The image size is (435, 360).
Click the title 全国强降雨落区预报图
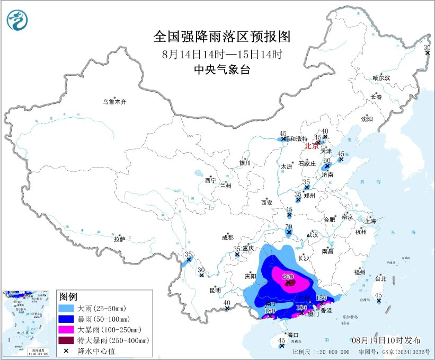(222, 37)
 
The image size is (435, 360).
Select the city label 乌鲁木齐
(115, 101)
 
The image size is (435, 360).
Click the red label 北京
(312, 146)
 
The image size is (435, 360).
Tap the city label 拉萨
(119, 240)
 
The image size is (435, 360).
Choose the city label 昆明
(215, 290)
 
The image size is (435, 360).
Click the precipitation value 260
(288, 276)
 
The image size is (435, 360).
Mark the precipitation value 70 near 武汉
(289, 226)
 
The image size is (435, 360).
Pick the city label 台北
(380, 278)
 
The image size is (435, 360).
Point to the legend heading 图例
(68, 296)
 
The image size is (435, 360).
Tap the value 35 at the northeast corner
(427, 48)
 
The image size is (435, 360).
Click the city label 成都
(227, 239)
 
